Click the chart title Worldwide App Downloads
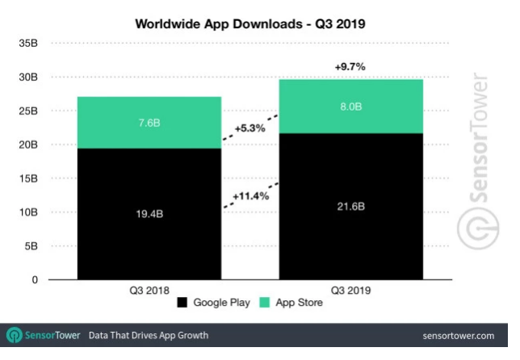coord(250,23)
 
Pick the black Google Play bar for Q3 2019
coord(350,242)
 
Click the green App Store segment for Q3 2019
coord(350,106)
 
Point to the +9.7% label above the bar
coord(350,68)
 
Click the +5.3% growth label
coord(250,128)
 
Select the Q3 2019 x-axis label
coord(350,289)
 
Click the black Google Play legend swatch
coord(182,303)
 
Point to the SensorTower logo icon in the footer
coord(14,335)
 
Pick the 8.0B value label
coord(350,106)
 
